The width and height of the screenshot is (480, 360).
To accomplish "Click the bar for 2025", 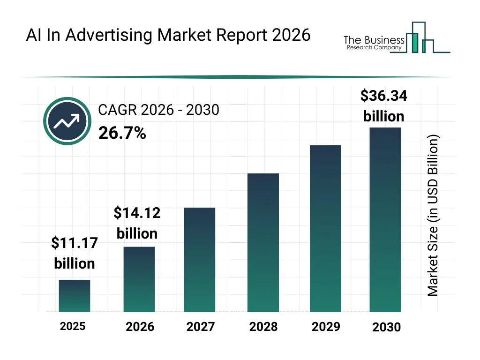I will tap(75, 296).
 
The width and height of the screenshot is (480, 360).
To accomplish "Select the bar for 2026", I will tap(139, 279).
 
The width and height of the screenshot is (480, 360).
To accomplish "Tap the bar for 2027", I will tap(200, 260).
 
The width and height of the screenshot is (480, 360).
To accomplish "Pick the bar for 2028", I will tap(263, 242).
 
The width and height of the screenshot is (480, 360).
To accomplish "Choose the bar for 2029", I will tap(325, 228).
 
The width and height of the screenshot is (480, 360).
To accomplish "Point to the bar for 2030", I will tap(385, 219).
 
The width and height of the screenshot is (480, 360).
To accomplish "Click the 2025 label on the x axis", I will tap(73, 326).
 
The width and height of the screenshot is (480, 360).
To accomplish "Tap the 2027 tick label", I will tap(201, 327).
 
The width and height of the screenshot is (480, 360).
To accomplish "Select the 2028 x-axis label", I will tap(263, 327).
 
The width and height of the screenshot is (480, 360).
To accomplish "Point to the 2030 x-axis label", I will tap(387, 327).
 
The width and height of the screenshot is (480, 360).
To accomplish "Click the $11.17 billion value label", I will tap(75, 253).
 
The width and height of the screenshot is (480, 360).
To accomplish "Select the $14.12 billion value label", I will tap(137, 223).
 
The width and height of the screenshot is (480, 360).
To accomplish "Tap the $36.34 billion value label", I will tap(383, 106).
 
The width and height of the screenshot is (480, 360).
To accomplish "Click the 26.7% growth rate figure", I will tap(122, 134).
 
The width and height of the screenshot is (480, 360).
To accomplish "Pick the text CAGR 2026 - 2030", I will tap(158, 110).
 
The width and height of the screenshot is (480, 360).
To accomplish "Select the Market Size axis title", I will tap(433, 216).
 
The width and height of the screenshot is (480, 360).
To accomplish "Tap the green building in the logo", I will tap(414, 43).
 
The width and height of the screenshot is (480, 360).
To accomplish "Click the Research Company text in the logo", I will tap(374, 48).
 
